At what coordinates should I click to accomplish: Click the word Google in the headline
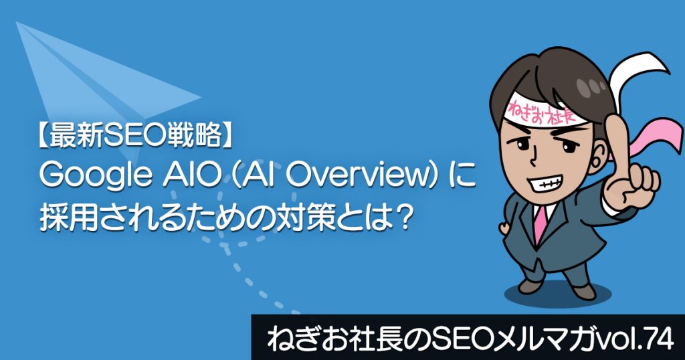pos(94,177)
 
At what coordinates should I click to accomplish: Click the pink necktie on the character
pos(541,223)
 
